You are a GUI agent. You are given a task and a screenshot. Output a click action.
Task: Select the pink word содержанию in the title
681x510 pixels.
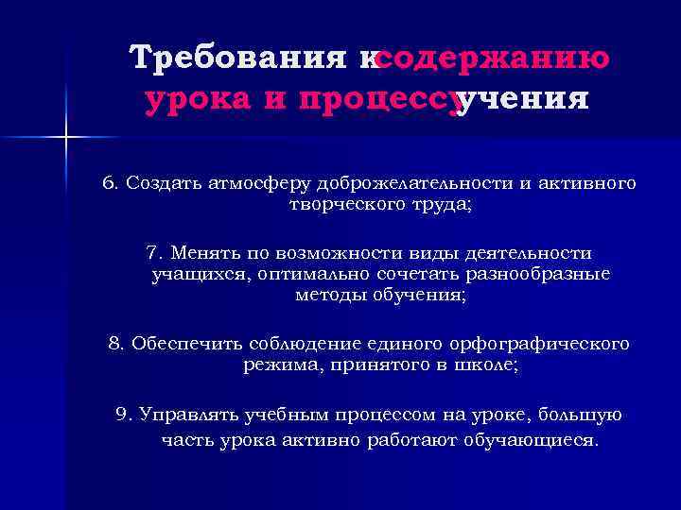point(492,59)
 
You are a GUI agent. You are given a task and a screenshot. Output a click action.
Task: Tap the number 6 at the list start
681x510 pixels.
point(107,182)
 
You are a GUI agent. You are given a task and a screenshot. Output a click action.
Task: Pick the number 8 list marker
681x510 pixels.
point(115,344)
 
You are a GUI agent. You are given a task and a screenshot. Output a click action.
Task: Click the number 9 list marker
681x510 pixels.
point(121,415)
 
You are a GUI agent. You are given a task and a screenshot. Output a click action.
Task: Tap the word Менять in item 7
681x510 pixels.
point(207,253)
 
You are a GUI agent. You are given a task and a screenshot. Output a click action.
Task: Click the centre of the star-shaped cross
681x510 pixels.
point(66,138)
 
